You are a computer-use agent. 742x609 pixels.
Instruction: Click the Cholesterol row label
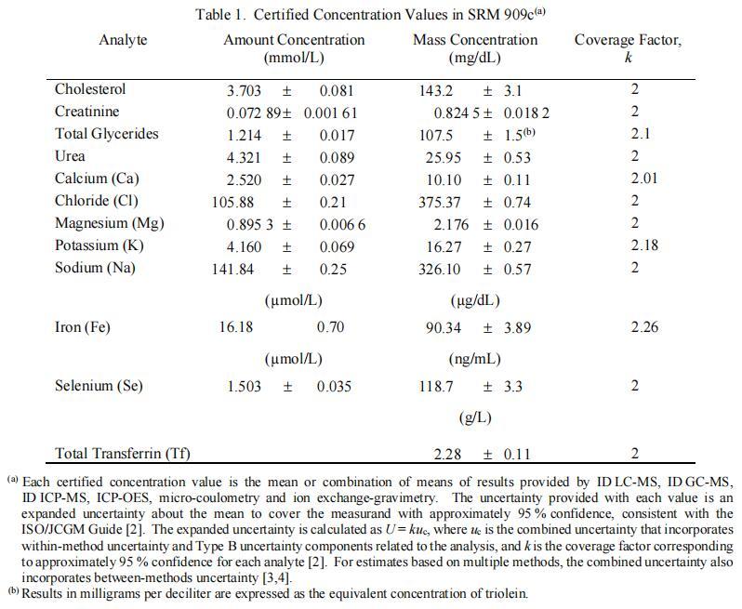pyautogui.click(x=90, y=89)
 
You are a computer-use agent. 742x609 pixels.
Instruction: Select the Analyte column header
pyautogui.click(x=123, y=40)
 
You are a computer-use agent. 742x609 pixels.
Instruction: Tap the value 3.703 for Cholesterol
pyautogui.click(x=245, y=90)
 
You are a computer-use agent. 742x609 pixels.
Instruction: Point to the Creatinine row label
pyautogui.click(x=87, y=112)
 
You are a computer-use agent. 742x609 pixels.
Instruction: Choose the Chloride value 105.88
pyautogui.click(x=241, y=202)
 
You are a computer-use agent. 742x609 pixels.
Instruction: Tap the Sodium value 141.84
pyautogui.click(x=241, y=269)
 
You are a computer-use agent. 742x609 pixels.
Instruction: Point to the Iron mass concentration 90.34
pyautogui.click(x=444, y=327)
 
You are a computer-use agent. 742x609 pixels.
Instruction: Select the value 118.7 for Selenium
pyautogui.click(x=437, y=386)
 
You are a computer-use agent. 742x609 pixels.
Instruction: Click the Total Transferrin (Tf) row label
pyautogui.click(x=123, y=454)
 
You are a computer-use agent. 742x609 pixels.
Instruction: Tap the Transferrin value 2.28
pyautogui.click(x=449, y=454)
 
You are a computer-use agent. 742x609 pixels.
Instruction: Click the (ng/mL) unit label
pyautogui.click(x=474, y=358)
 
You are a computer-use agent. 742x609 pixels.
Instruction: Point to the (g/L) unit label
pyautogui.click(x=475, y=417)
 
